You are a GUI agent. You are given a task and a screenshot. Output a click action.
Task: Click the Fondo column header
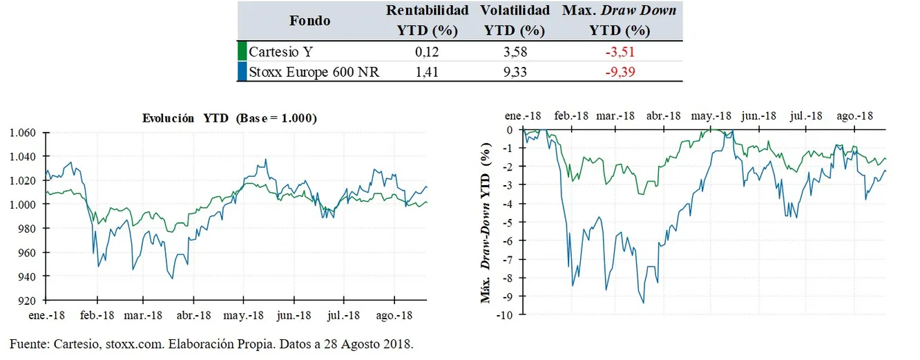pos(309,21)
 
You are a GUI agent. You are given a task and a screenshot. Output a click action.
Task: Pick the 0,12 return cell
pos(427,51)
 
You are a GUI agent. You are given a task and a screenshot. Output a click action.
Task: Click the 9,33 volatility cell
pos(514,71)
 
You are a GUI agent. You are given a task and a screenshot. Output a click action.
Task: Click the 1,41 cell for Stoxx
pos(427,71)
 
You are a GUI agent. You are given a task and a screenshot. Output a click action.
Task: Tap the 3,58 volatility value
pos(514,51)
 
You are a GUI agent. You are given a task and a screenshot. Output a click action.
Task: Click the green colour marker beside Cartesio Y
pos(242,51)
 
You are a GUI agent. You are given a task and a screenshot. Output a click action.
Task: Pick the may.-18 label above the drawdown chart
pos(711,116)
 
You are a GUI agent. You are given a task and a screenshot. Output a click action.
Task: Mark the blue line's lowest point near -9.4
pos(643,303)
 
